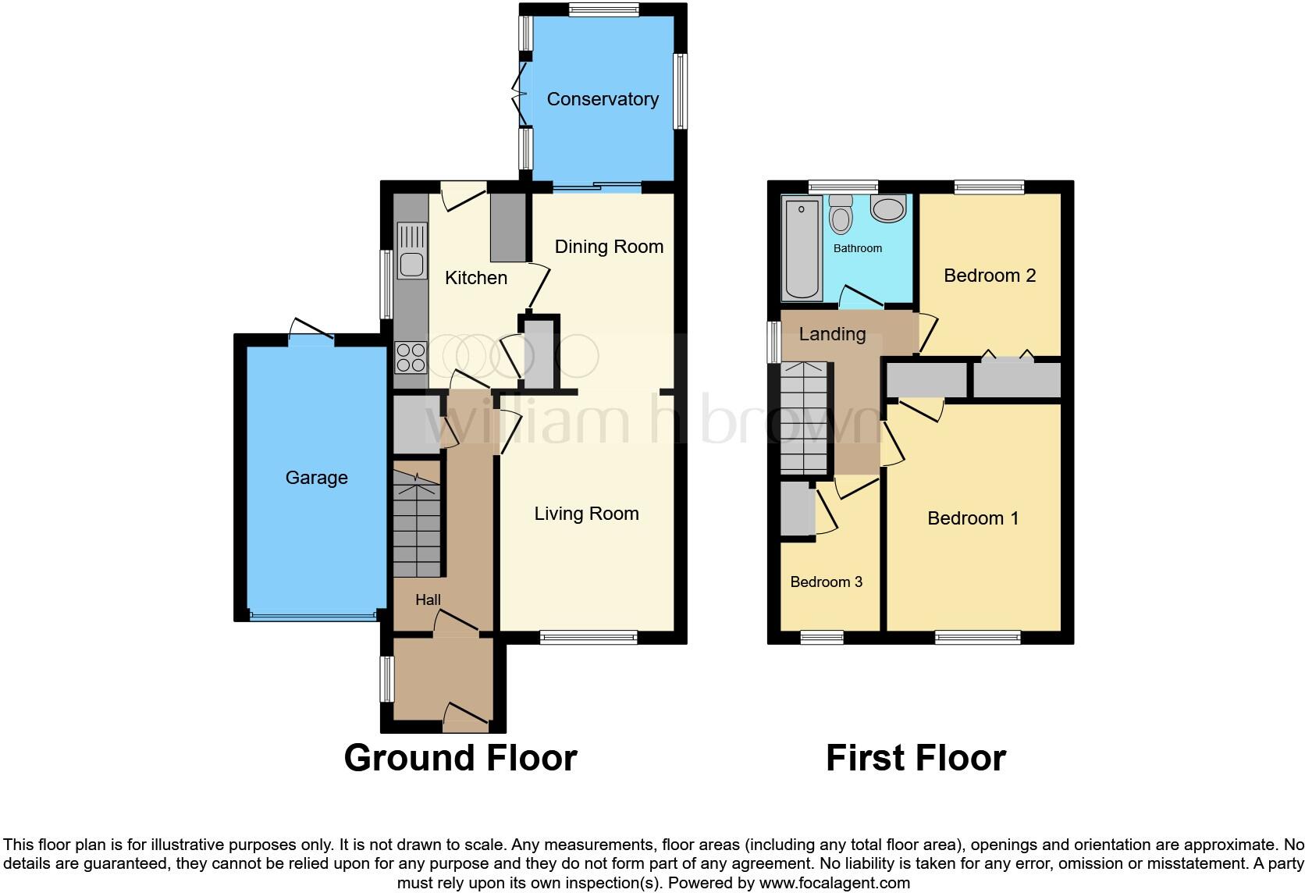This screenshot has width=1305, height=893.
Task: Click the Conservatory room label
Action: click(x=603, y=99)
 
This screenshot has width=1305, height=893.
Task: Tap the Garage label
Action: click(x=316, y=478)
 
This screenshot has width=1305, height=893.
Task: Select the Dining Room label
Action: click(x=609, y=247)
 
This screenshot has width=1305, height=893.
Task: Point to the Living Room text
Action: click(x=586, y=514)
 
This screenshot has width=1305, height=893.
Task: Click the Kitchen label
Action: click(x=476, y=278)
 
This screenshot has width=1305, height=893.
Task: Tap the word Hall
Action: click(x=428, y=599)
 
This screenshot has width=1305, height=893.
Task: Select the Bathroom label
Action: click(x=857, y=248)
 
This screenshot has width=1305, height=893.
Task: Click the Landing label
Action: click(x=832, y=334)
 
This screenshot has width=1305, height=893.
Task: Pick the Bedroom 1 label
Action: click(x=973, y=518)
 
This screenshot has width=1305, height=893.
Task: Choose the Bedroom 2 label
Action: click(x=990, y=276)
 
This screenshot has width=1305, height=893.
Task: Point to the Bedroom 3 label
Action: click(x=826, y=582)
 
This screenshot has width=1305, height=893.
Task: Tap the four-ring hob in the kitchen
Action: click(x=411, y=358)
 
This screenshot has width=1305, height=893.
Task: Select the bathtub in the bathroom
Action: click(x=802, y=249)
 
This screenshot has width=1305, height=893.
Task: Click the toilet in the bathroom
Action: click(x=841, y=213)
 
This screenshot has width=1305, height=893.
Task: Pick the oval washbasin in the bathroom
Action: click(x=887, y=208)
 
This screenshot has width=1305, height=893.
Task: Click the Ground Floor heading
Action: click(x=460, y=758)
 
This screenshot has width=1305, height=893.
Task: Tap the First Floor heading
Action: click(x=916, y=758)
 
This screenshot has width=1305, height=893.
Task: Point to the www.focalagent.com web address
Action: click(x=834, y=884)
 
